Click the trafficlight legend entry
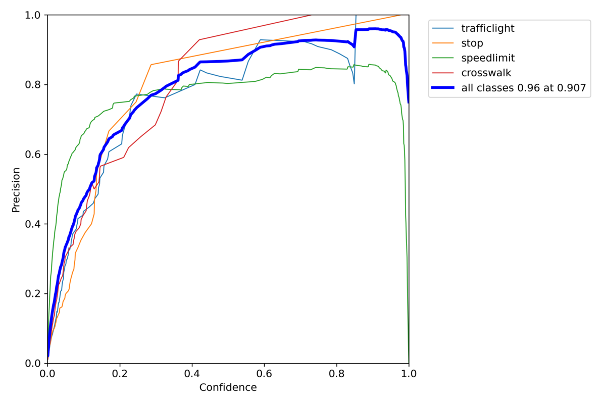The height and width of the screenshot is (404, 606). [x=487, y=28]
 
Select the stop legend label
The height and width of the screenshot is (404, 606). [x=472, y=43]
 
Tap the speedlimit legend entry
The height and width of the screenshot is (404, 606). [x=487, y=58]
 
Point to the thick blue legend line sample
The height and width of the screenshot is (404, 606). [x=443, y=88]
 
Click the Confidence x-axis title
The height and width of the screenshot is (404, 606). [x=228, y=388]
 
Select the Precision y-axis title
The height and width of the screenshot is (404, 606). [x=16, y=189]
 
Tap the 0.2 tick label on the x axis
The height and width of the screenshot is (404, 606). [x=120, y=375]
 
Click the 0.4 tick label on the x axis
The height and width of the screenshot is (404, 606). [x=192, y=375]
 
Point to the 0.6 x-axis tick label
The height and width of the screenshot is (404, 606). [x=264, y=375]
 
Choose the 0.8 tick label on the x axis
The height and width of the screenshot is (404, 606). [x=336, y=375]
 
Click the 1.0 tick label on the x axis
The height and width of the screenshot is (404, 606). [x=409, y=375]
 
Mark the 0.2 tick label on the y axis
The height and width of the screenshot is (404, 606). [x=33, y=294]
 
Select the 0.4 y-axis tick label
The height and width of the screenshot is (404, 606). [x=33, y=224]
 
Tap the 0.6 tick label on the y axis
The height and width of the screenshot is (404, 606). [x=33, y=155]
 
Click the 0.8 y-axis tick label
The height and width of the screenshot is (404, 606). [x=33, y=85]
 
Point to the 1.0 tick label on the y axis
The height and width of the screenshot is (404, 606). [x=33, y=15]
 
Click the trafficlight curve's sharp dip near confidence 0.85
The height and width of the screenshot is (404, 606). [x=354, y=83]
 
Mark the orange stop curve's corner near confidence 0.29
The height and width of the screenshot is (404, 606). [x=151, y=65]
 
